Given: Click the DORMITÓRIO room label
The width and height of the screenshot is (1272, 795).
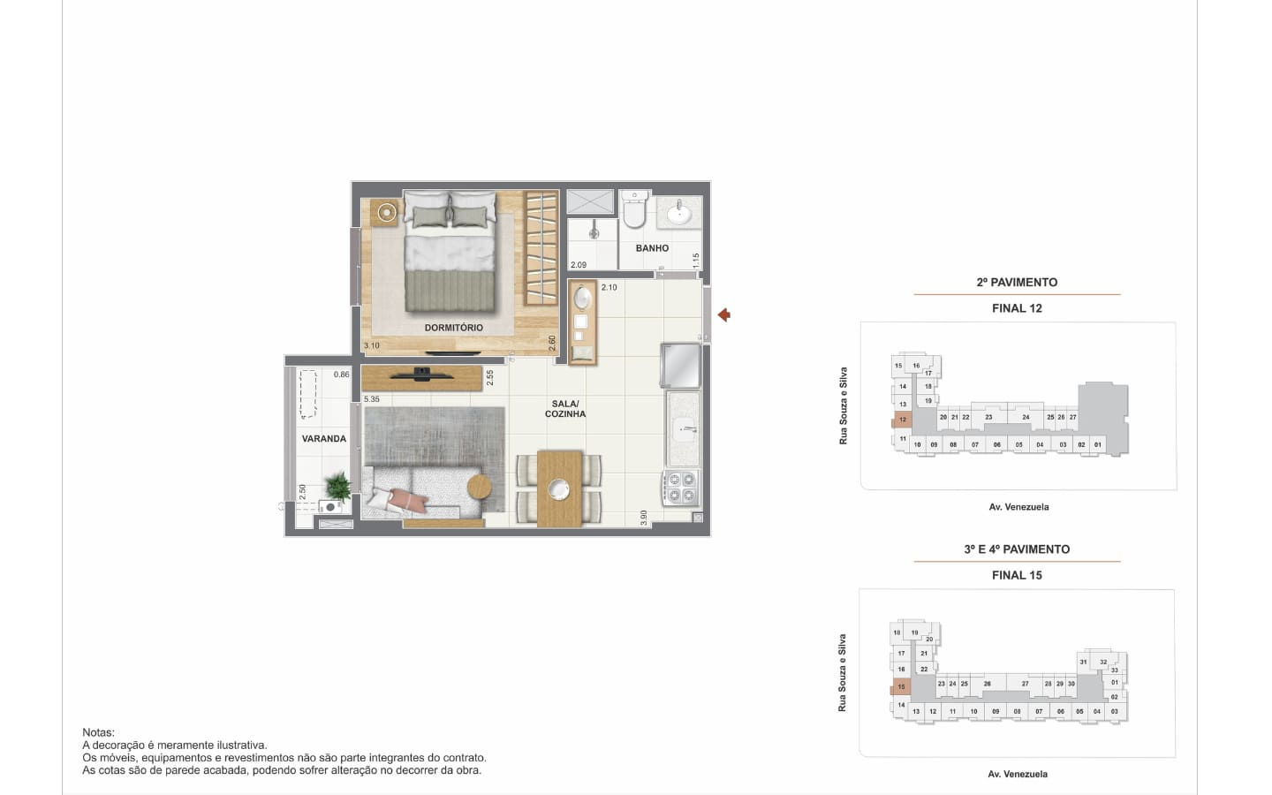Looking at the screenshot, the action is [x=454, y=328].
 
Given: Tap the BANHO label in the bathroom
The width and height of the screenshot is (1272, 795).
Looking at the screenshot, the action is [x=652, y=248].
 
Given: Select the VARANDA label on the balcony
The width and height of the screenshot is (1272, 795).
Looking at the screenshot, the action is [x=323, y=439].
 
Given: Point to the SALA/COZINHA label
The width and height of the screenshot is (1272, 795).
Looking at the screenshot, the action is [x=565, y=409].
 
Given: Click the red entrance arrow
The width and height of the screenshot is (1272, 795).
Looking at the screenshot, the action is [x=724, y=314].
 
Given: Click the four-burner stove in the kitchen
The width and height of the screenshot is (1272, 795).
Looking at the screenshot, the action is [x=681, y=488].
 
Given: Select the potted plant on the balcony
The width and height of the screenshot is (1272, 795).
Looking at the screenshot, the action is [x=337, y=487].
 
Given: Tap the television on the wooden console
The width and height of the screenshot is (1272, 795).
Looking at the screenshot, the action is [x=421, y=375].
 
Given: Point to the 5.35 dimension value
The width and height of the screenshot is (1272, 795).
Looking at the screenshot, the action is [x=371, y=399].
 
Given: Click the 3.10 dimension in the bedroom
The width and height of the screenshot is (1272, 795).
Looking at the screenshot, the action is [x=371, y=345].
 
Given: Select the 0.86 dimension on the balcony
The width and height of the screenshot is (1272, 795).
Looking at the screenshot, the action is [x=341, y=375].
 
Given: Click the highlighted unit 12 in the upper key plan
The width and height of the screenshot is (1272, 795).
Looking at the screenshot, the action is [x=902, y=420].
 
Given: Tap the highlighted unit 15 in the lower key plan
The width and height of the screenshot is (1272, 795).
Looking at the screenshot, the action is [x=901, y=687].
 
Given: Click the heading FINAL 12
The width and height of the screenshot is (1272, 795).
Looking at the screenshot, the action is [x=1017, y=308].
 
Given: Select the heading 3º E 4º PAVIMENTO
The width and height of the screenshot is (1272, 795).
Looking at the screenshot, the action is [x=1017, y=549].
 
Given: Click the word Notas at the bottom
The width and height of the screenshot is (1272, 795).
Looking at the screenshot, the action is [x=98, y=732].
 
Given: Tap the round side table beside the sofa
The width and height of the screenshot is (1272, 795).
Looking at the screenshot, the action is [x=480, y=487].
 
